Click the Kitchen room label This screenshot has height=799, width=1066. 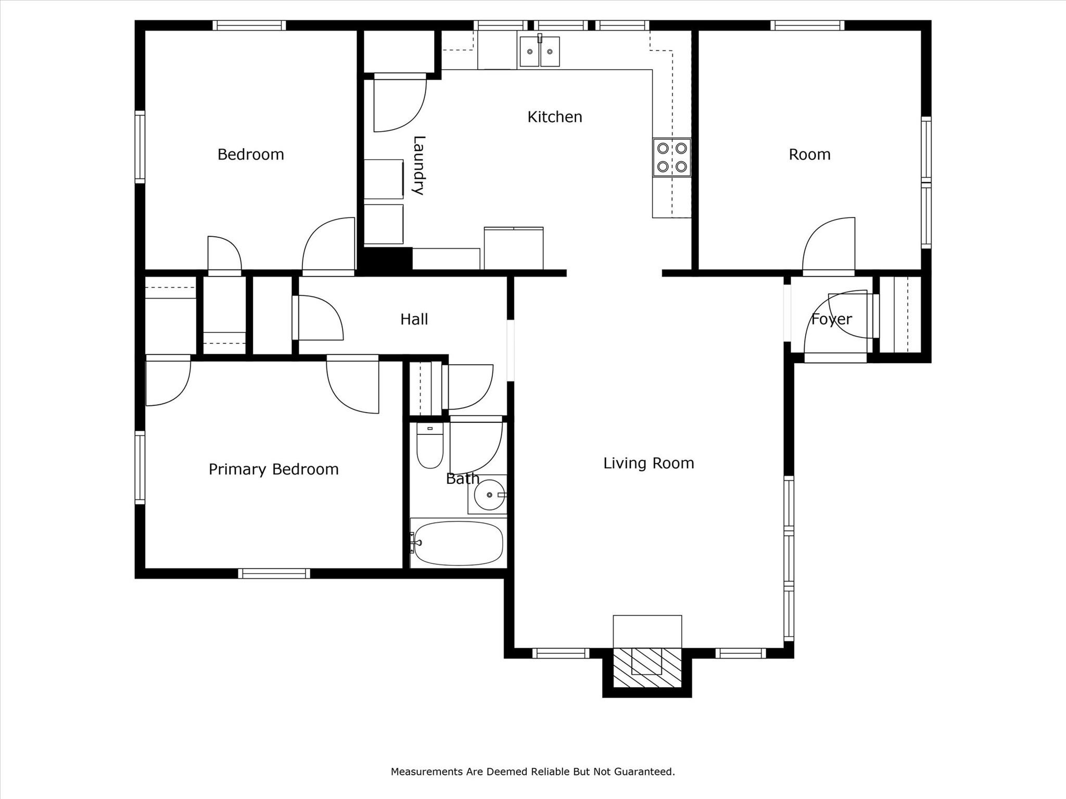(x=554, y=117)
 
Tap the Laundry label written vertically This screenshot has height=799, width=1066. (x=419, y=165)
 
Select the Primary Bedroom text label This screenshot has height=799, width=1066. (x=273, y=469)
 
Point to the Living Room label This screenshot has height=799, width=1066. (x=649, y=463)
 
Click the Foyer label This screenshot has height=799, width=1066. (x=831, y=319)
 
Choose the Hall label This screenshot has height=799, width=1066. (x=414, y=319)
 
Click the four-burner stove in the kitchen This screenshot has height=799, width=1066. (x=672, y=158)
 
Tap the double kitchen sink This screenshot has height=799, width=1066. (x=539, y=51)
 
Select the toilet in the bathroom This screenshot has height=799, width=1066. (x=429, y=447)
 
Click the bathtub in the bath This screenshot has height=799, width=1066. (x=458, y=543)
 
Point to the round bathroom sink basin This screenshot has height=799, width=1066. (x=489, y=495)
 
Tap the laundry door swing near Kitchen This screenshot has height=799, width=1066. (x=399, y=104)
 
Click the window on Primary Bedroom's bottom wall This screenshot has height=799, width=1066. (x=274, y=573)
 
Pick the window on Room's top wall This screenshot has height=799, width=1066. (x=807, y=25)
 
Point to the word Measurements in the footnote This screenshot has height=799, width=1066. (x=427, y=771)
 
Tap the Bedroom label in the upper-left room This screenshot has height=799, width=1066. (x=250, y=154)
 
